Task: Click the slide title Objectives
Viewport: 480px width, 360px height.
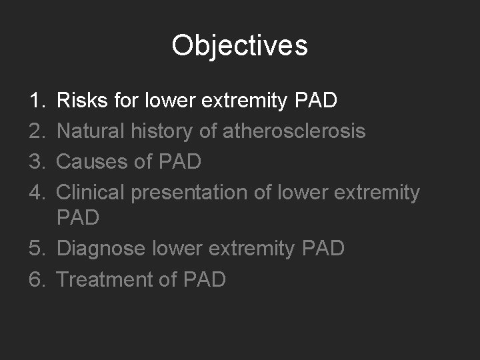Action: [239, 45]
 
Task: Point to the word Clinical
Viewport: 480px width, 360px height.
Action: [91, 193]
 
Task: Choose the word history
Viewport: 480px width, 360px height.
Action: [168, 131]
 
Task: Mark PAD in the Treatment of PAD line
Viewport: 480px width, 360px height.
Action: [203, 279]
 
